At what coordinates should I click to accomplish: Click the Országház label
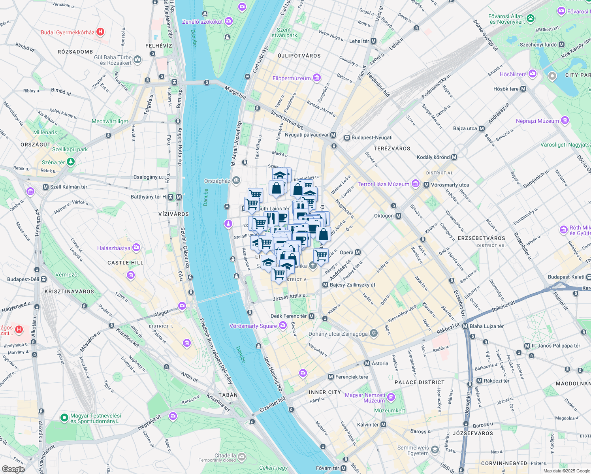217,181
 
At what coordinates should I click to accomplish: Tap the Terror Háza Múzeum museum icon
415,184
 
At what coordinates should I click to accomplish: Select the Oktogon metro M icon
398,216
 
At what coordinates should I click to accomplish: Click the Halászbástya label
114,248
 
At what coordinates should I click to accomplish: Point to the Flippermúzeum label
292,78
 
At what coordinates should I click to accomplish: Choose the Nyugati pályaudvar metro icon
333,135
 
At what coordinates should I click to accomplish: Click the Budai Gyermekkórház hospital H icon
100,32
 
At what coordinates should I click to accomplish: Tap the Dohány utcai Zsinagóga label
338,334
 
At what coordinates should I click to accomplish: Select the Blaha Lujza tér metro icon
465,326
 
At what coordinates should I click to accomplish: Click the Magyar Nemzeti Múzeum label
365,398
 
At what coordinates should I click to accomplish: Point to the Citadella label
225,455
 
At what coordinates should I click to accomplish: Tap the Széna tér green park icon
71,161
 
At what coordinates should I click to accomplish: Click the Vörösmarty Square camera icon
283,325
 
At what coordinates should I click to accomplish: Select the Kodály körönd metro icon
454,157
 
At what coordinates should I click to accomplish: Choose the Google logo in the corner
13,469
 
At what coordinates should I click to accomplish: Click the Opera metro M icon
358,252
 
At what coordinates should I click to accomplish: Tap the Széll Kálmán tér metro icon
46,187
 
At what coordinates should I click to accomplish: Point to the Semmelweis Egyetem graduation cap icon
435,450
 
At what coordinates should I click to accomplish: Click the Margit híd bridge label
235,93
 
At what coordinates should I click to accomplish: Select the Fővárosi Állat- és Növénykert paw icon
531,18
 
